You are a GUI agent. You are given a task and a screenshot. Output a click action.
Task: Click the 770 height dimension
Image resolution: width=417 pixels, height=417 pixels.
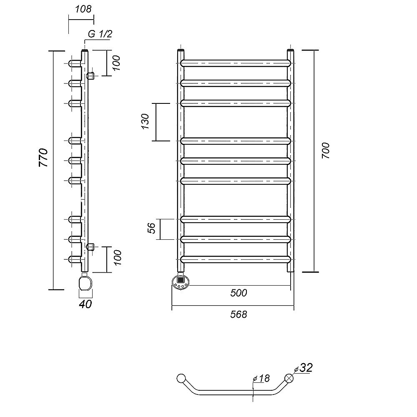coord(43,158)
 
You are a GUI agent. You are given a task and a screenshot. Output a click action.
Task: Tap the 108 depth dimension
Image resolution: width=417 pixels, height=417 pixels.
coord(83,9)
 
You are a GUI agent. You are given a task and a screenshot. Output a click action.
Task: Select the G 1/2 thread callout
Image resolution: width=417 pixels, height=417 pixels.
coord(100,34)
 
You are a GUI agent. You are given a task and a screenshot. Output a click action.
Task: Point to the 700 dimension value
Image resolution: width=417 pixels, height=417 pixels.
coord(326,151)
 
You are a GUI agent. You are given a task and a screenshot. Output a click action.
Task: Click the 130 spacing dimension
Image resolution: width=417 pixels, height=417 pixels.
coord(145,121)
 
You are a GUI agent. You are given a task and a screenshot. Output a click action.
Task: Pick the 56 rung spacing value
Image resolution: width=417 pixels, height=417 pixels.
coord(151,228)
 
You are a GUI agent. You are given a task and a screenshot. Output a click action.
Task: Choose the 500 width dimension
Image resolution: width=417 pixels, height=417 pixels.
coord(239,293)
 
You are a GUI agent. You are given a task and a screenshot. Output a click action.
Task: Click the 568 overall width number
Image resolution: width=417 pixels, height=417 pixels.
coord(239,314)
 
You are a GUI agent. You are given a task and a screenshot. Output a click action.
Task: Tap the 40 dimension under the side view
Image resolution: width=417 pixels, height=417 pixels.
coord(85,304)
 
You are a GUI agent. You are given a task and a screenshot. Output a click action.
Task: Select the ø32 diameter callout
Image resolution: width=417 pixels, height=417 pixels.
coord(304,368)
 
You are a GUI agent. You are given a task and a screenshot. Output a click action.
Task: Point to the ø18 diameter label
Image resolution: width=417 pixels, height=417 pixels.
coord(261,378)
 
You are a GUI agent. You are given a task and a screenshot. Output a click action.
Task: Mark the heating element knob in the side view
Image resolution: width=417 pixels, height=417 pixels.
coord(85,284)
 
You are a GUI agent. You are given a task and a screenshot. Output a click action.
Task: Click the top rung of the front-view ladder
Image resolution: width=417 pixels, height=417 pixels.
coord(236,63)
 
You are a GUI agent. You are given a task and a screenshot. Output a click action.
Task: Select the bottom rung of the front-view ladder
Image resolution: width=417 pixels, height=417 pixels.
coord(236,259)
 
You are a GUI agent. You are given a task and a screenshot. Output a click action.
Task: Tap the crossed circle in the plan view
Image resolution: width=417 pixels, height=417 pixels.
coord(289,378)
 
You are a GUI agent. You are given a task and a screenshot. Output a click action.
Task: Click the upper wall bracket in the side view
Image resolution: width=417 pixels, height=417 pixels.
coord(90,76)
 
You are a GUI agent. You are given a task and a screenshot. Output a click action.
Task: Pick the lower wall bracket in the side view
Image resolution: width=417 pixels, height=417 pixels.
coord(90,247)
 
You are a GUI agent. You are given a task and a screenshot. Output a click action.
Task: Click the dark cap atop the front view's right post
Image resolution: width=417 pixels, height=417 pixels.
coord(291,50)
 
